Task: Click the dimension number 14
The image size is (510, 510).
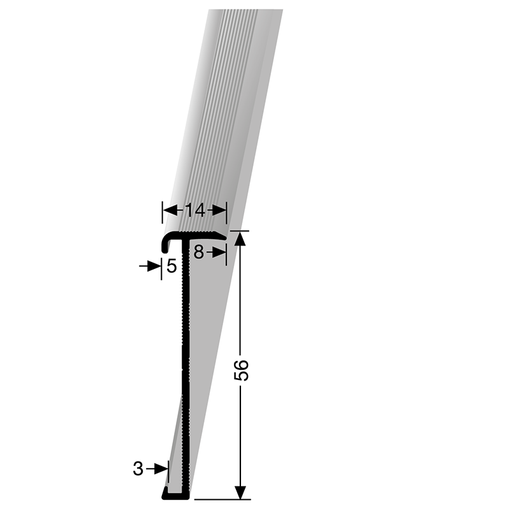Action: (x=194, y=208)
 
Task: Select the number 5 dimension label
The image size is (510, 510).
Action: (x=171, y=266)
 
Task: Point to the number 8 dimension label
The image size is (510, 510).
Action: (x=199, y=252)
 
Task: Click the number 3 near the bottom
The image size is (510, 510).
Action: (x=138, y=469)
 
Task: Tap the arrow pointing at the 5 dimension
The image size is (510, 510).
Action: (x=153, y=266)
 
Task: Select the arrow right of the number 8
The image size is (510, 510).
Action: (x=219, y=252)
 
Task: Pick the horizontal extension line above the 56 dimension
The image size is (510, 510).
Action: (x=239, y=230)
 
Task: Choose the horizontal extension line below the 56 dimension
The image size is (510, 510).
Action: (x=223, y=499)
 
